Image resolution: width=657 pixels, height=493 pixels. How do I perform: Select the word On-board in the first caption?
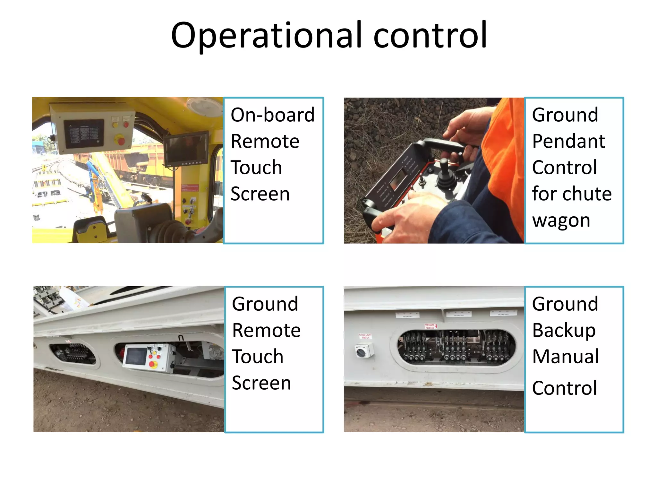pos(272,115)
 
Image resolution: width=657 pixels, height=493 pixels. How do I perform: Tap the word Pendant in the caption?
pos(568,141)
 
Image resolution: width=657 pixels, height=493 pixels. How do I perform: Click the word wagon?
pos(561,221)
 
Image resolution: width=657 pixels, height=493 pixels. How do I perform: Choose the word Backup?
pos(564,331)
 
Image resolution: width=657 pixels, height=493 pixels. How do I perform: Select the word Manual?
pos(565,357)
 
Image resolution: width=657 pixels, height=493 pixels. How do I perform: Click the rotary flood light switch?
pos(364,350)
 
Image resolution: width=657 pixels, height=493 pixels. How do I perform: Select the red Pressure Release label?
pos(430,326)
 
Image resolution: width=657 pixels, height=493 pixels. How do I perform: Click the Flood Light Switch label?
pos(365,336)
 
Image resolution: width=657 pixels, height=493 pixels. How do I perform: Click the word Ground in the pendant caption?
pos(565,115)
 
